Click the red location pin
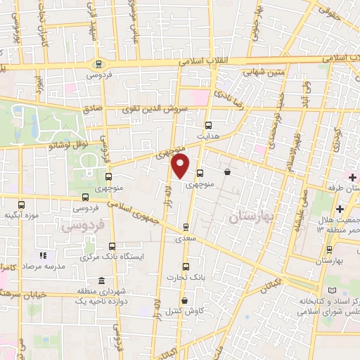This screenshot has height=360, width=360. coord(181,166)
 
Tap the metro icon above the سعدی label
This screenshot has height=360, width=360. coord(186,226)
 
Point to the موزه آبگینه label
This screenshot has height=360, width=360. coord(20,214)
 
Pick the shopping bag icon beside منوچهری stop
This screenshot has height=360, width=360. coord(227,172)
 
